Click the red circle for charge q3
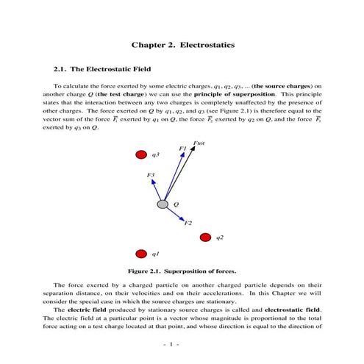[140, 154]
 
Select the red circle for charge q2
[205, 238]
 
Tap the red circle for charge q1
[140, 254]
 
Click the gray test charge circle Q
[163, 204]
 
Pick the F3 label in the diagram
[151, 175]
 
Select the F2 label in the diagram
[188, 222]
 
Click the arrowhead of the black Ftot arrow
[193, 149]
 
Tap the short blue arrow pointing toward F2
[175, 213]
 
